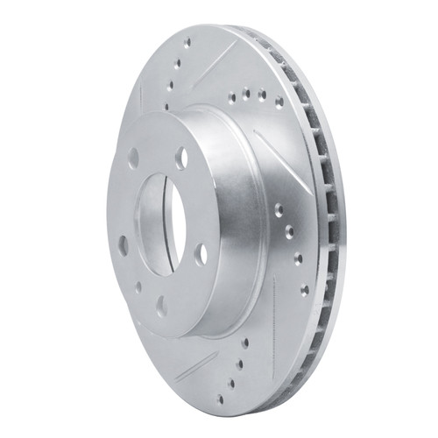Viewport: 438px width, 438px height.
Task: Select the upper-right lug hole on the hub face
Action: click(x=180, y=158)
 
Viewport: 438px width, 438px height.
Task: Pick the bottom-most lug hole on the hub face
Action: click(x=161, y=306)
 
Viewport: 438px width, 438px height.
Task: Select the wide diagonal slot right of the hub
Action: click(x=279, y=159)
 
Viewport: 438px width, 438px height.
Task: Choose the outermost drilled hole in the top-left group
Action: click(x=187, y=41)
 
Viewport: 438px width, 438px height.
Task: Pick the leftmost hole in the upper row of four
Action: click(x=231, y=99)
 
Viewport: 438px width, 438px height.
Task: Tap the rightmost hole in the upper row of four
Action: click(x=279, y=102)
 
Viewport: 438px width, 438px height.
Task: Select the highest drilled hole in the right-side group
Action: click(x=279, y=209)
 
